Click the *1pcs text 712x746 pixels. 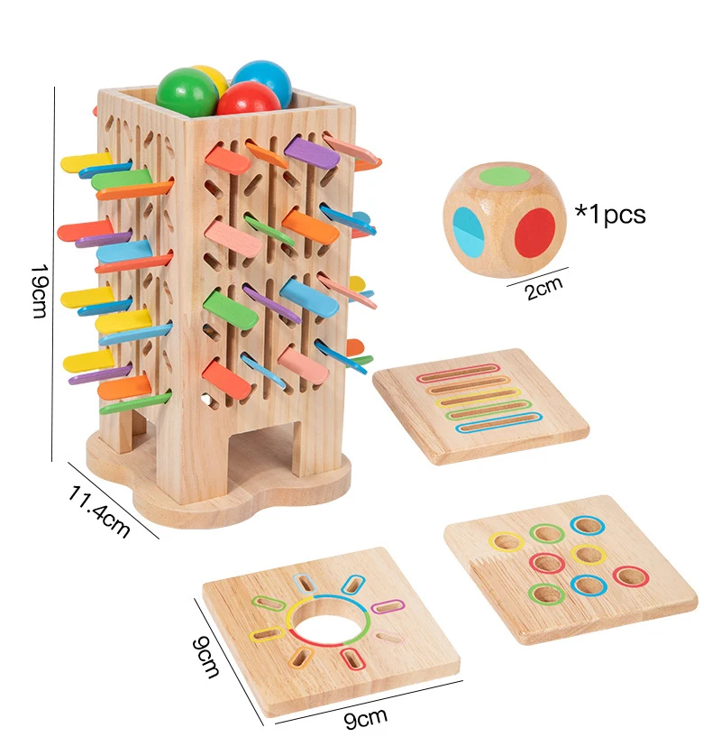coord(610,215)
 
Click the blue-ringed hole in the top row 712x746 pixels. coord(584,525)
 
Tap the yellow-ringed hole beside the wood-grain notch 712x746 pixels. coord(506,541)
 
